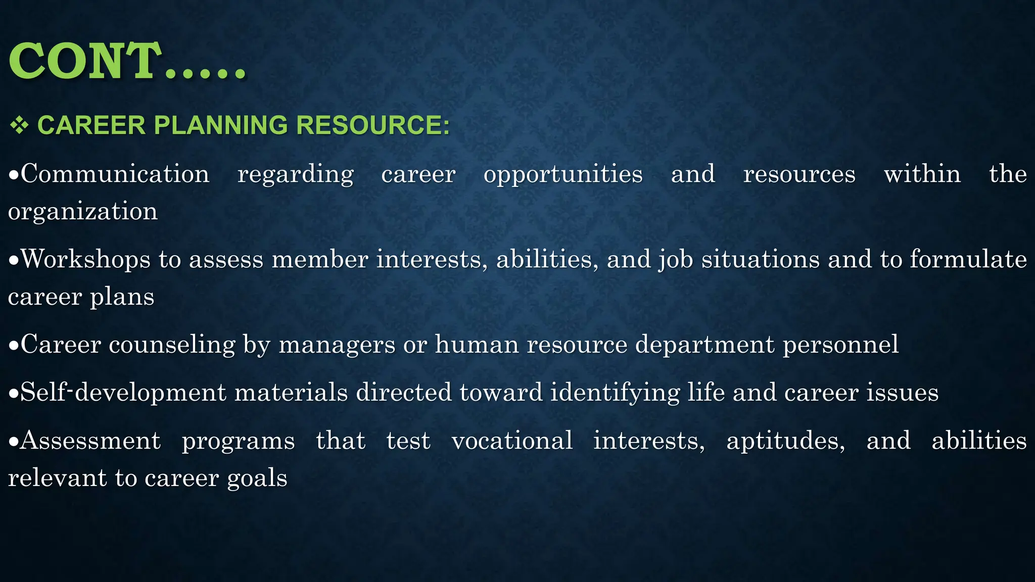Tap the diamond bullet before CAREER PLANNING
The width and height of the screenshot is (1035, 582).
(x=19, y=125)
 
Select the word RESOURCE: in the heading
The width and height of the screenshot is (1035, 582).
(x=372, y=125)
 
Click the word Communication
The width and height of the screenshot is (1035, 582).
(x=115, y=174)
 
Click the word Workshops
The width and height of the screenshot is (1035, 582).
(x=86, y=259)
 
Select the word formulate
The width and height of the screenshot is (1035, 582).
(x=968, y=259)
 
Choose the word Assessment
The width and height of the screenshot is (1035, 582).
(x=91, y=441)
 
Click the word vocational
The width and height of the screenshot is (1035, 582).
(x=512, y=441)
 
